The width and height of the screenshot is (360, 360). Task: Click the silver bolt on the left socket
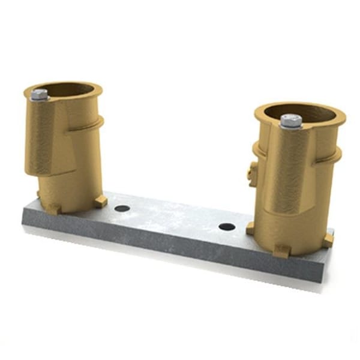40,94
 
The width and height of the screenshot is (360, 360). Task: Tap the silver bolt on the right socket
290,120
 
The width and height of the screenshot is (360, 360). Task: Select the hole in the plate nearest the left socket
122,208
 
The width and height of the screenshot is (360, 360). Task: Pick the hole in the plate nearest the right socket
227,227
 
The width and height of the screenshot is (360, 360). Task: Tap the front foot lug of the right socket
281,251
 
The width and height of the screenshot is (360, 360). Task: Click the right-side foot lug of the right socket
328,239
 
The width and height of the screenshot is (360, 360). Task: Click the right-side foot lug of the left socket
100,201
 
